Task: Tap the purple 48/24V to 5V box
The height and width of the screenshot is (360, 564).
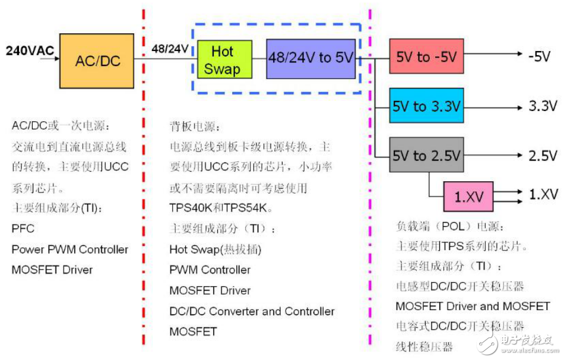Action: [x=310, y=59]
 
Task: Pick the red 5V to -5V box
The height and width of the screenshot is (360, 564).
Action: [x=427, y=58]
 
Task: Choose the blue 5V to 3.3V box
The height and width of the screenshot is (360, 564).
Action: [x=427, y=107]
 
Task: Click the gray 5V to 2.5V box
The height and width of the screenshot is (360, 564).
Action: [x=427, y=156]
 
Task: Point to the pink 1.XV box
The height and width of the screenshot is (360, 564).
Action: [x=468, y=195]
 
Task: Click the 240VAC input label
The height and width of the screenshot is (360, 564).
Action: [x=30, y=50]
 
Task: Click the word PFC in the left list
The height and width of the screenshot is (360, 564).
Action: [x=23, y=229]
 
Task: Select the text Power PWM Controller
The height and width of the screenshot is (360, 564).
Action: [x=69, y=250]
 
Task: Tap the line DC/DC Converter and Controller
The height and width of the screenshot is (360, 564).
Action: [x=252, y=311]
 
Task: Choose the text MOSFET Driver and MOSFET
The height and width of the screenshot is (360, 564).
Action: [x=473, y=307]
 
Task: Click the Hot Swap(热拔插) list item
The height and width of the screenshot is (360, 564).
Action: [x=215, y=250]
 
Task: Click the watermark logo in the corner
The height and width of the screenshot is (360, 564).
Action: [x=517, y=343]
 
